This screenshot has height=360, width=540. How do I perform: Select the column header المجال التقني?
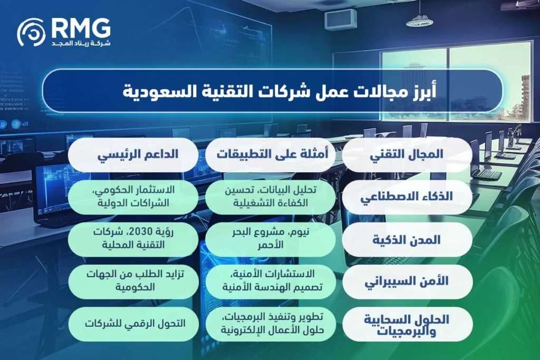pos(407,154)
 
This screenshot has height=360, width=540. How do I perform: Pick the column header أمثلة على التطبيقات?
pos(271,154)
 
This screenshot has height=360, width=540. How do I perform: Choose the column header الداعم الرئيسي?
pos(133,154)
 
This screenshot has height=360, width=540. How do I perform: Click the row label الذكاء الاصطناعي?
pos(407,197)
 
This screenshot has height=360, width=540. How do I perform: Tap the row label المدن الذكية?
pos(407,239)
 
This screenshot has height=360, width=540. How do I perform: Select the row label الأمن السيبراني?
pos(407,281)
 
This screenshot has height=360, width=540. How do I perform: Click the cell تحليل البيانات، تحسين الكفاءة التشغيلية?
pos(271,197)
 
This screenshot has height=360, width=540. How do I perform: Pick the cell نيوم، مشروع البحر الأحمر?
pos(271,239)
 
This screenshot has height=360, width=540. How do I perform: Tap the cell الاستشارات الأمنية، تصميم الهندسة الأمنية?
pos(271,281)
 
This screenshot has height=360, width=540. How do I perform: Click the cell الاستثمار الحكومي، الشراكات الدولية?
pos(133,197)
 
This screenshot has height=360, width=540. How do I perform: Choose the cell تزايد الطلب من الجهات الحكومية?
pos(133,281)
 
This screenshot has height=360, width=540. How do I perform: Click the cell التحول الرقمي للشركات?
pos(133,324)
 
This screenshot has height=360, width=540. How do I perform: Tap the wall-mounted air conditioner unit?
pos(340,20)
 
